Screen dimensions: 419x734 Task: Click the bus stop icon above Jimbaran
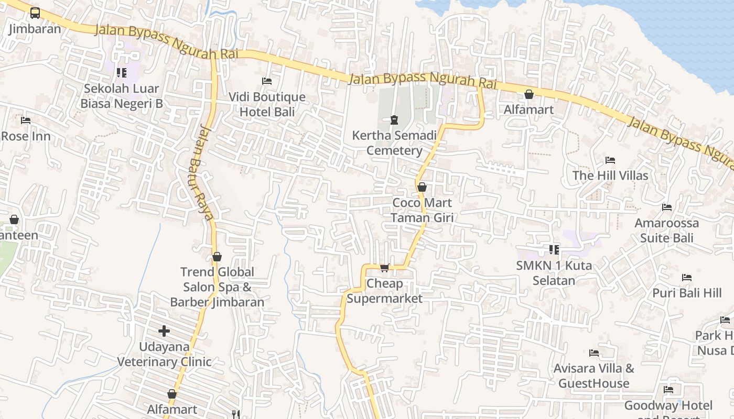pyautogui.click(x=35, y=13)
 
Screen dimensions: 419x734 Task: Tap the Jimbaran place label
pyautogui.click(x=35, y=28)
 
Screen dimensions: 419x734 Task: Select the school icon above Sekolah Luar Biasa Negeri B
pyautogui.click(x=122, y=73)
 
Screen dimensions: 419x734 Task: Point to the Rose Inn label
pyautogui.click(x=26, y=137)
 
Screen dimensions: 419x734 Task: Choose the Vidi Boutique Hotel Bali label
pyautogui.click(x=267, y=104)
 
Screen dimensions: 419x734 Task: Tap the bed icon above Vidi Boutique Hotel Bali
pyautogui.click(x=267, y=81)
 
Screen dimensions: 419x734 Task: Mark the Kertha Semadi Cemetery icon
pyautogui.click(x=394, y=120)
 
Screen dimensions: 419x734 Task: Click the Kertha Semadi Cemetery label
pyautogui.click(x=394, y=143)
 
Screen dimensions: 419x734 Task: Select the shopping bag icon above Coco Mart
pyautogui.click(x=422, y=187)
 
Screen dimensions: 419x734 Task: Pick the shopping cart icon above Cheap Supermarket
pyautogui.click(x=384, y=268)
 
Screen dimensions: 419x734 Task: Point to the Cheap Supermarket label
pyautogui.click(x=384, y=291)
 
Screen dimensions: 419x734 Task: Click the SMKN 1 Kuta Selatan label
pyautogui.click(x=554, y=272)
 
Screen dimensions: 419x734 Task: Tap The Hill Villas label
pyautogui.click(x=610, y=175)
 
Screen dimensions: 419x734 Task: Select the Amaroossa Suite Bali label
pyautogui.click(x=667, y=230)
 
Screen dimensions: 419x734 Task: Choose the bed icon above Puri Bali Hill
pyautogui.click(x=687, y=277)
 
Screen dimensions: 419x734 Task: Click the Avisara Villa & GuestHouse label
pyautogui.click(x=594, y=376)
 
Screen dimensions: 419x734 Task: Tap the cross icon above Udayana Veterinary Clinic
pyautogui.click(x=164, y=331)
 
